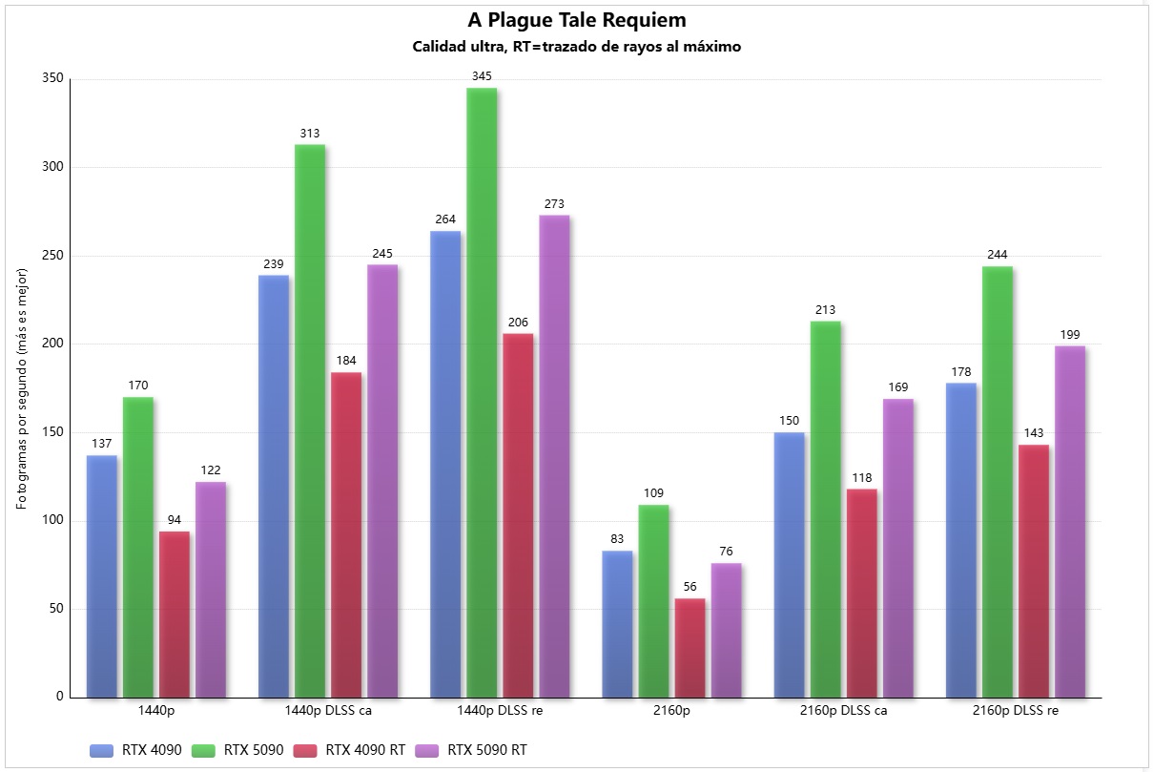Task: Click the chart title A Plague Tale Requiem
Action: coord(576,20)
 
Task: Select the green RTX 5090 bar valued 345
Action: coord(482,391)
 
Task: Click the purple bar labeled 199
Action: coord(1070,521)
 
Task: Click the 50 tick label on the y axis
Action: coord(55,609)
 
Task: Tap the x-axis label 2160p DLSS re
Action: coord(1016,711)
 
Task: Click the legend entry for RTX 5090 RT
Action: coord(486,750)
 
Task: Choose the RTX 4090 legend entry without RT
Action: coord(148,750)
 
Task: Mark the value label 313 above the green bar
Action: coord(310,133)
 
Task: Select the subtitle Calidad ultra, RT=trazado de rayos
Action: coord(576,47)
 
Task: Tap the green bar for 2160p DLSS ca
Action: coord(826,509)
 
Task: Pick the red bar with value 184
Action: coord(346,534)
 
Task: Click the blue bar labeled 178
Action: coord(961,539)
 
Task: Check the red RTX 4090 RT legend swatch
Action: coord(307,750)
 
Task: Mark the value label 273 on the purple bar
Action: coord(554,203)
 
